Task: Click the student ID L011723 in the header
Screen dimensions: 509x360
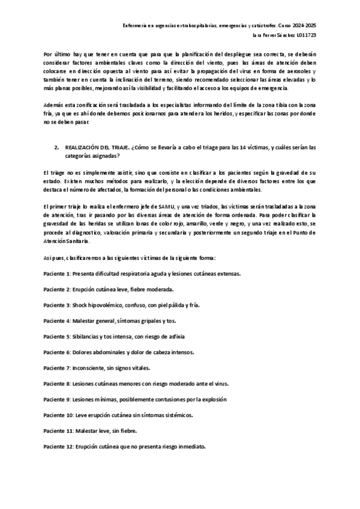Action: click(304, 36)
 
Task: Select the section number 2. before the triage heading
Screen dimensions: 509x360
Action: click(56, 146)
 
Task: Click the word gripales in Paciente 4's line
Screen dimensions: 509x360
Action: click(139, 321)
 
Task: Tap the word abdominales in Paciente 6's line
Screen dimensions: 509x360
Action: click(111, 352)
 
